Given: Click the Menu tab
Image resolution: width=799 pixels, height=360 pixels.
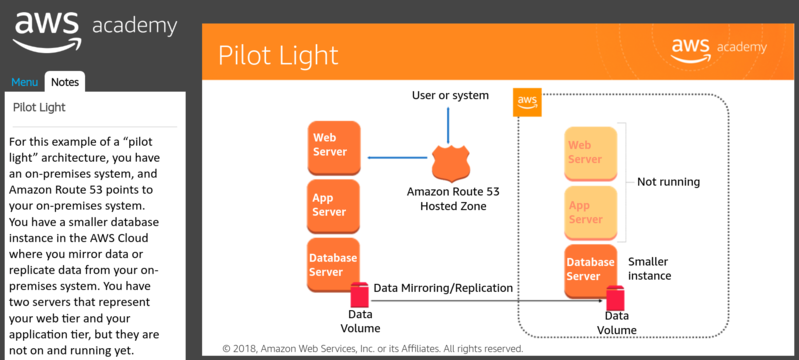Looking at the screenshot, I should tap(25, 82).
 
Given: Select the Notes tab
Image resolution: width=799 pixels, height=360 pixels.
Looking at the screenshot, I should tap(65, 82).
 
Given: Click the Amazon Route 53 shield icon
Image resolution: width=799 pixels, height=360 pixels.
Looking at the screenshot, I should tap(447, 163).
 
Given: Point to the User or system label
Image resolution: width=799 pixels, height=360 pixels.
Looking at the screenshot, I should tap(450, 95).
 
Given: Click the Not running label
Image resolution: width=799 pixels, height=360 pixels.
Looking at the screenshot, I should tap(668, 182).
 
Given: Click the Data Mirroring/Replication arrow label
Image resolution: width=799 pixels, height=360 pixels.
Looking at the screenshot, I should tap(443, 288).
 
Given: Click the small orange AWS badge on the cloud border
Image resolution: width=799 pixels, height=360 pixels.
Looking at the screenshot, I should tap(527, 102).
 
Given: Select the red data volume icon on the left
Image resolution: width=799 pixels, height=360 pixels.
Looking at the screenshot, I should tap(360, 295).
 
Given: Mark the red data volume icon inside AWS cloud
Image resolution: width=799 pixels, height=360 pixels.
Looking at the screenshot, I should tap(616, 298).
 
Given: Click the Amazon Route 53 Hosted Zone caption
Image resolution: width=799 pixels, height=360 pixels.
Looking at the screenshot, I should tap(447, 198).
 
